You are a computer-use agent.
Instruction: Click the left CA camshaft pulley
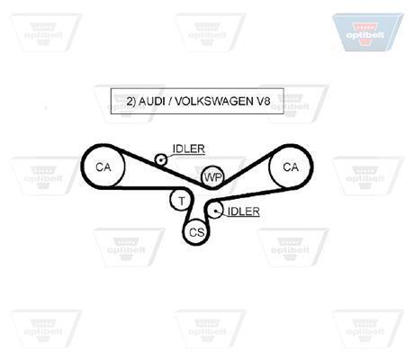pos(103,166)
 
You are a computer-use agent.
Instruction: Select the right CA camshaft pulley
pos(291,166)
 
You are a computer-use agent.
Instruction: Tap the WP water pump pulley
pos(212,177)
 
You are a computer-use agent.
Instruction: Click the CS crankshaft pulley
pos(196,231)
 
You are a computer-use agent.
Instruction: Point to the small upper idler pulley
pos(161,159)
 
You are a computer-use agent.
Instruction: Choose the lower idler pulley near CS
pos(215,210)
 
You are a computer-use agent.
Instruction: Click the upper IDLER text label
pos(189,148)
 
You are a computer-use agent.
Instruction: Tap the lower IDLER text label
pos(244,211)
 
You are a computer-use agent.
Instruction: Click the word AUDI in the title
pos(152,102)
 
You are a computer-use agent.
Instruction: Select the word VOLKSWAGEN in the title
pos(214,102)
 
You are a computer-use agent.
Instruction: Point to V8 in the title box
pos(264,102)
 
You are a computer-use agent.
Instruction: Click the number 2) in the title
pos(131,102)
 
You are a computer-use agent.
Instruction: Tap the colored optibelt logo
pos(367,32)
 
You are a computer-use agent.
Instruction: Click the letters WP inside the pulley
pos(212,177)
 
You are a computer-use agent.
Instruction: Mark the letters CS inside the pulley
pos(197,232)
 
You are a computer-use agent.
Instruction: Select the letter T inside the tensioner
pos(182,201)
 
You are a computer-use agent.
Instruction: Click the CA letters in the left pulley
pos(103,167)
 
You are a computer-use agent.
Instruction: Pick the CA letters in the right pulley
pos(291,167)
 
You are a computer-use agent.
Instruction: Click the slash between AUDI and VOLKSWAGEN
pos(170,102)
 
